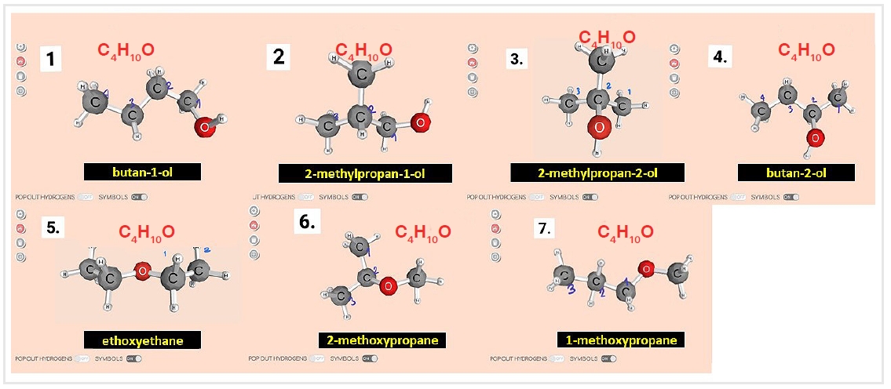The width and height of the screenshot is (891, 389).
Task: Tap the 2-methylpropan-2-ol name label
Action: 597,173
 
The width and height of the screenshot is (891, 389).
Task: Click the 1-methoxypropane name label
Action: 621,340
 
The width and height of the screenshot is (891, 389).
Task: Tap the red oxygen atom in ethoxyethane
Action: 142,272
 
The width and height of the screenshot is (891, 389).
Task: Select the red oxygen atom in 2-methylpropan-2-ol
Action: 599,127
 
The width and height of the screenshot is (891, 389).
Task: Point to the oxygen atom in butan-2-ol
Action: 815,139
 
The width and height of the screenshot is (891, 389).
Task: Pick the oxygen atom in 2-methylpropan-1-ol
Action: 420,122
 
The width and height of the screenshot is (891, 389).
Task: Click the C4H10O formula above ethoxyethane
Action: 147,232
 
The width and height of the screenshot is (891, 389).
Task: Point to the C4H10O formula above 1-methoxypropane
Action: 626,232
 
